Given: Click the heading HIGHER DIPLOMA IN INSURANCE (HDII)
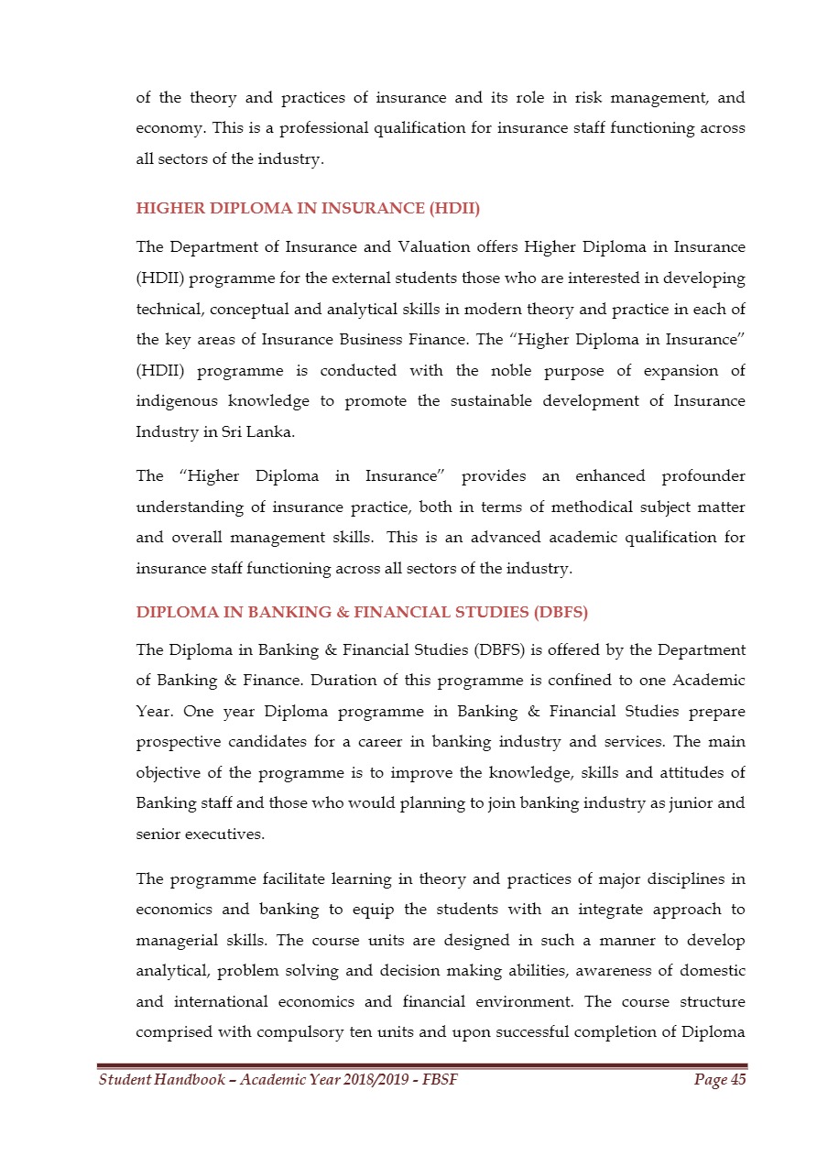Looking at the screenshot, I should point(308,208).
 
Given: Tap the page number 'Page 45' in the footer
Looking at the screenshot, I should point(720,1080).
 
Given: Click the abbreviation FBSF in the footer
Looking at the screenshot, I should point(441,1080).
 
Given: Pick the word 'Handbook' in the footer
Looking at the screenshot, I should point(187,1080).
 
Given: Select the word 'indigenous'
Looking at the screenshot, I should point(172,401).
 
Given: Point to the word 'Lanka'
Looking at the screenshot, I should point(273,432).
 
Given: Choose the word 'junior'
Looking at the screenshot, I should point(677,803).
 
